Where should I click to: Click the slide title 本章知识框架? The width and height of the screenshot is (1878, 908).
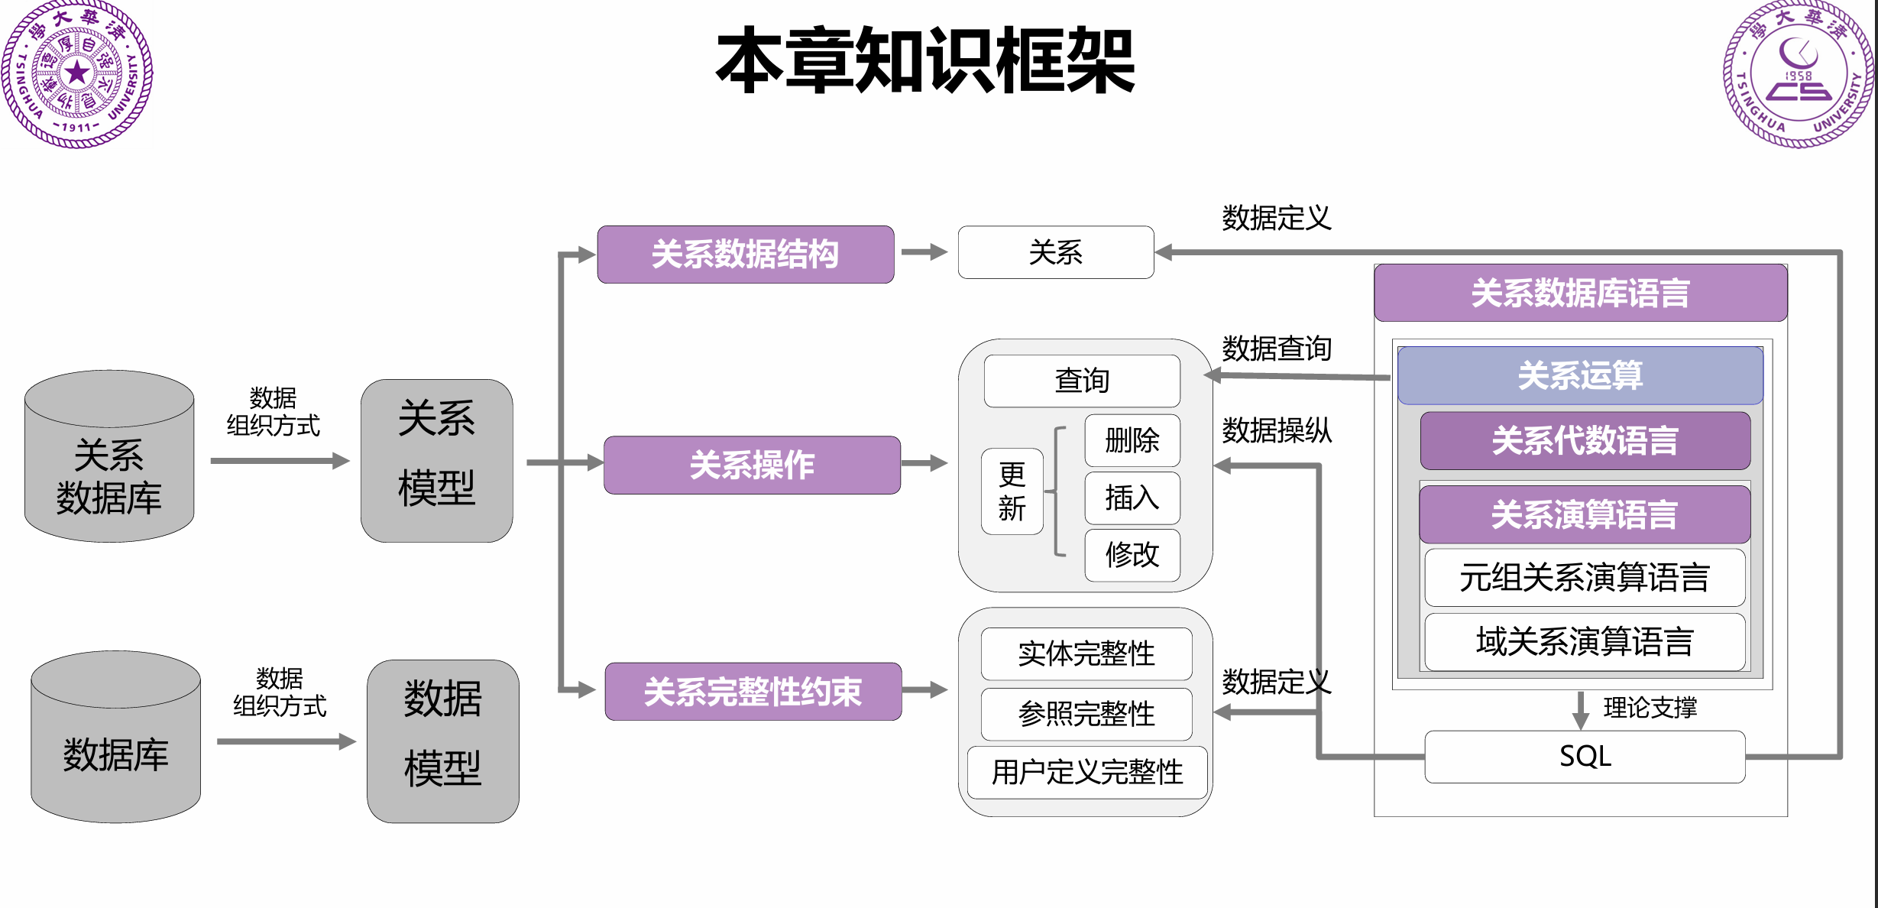[925, 61]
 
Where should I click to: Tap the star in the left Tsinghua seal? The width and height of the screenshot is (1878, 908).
[77, 73]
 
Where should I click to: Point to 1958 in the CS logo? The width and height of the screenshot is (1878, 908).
[1798, 76]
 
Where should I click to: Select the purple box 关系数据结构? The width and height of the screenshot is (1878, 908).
[745, 254]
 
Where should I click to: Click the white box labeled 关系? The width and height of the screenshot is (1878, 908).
[1055, 252]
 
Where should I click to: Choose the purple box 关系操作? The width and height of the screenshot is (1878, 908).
[752, 465]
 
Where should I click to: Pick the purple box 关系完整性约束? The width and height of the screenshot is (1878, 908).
[753, 691]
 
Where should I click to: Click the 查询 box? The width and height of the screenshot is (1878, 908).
[1081, 381]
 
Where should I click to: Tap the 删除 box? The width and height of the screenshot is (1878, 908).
[1132, 440]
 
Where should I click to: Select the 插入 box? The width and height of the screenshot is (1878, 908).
[1132, 498]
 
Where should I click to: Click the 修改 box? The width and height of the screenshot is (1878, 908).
[1132, 555]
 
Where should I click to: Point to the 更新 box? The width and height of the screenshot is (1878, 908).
[1012, 491]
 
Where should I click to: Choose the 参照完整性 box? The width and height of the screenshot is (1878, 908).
[1086, 714]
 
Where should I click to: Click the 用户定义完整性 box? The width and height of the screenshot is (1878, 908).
[1086, 772]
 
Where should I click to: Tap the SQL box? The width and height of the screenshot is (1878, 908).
[1585, 757]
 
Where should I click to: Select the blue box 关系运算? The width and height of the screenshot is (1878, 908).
[1580, 375]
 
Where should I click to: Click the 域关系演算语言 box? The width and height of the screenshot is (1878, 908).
[1585, 641]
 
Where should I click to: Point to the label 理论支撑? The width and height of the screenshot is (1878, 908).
[1650, 707]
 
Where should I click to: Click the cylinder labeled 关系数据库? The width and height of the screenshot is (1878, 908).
[109, 466]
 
